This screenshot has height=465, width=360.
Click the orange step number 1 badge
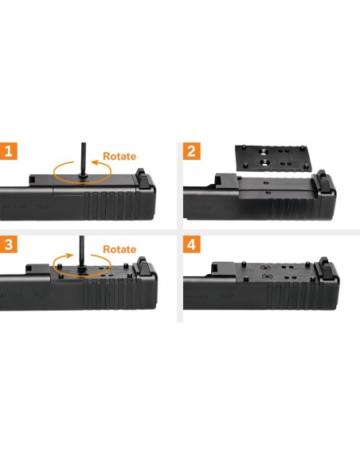point(8,151)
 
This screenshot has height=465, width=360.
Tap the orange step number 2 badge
point(192,151)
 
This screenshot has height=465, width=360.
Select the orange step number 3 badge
point(8,244)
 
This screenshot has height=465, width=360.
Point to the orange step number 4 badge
point(192,244)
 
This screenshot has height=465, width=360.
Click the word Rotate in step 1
point(119,156)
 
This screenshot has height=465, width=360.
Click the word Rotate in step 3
point(119,249)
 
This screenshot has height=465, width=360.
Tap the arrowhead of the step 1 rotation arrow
point(95,162)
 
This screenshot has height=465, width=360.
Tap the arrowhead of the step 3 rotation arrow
point(69,256)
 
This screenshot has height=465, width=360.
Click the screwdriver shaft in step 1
point(84,159)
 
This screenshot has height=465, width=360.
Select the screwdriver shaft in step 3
point(82,252)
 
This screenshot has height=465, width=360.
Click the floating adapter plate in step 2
point(274,158)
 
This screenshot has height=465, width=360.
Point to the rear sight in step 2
point(322,180)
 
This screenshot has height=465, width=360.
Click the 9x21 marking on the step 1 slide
point(44,206)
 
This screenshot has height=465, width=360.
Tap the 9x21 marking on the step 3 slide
point(41,296)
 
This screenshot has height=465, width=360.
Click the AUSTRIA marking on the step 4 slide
point(197,296)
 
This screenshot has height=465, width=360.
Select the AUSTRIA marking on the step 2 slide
point(201,208)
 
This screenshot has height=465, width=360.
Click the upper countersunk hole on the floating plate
point(264,152)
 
